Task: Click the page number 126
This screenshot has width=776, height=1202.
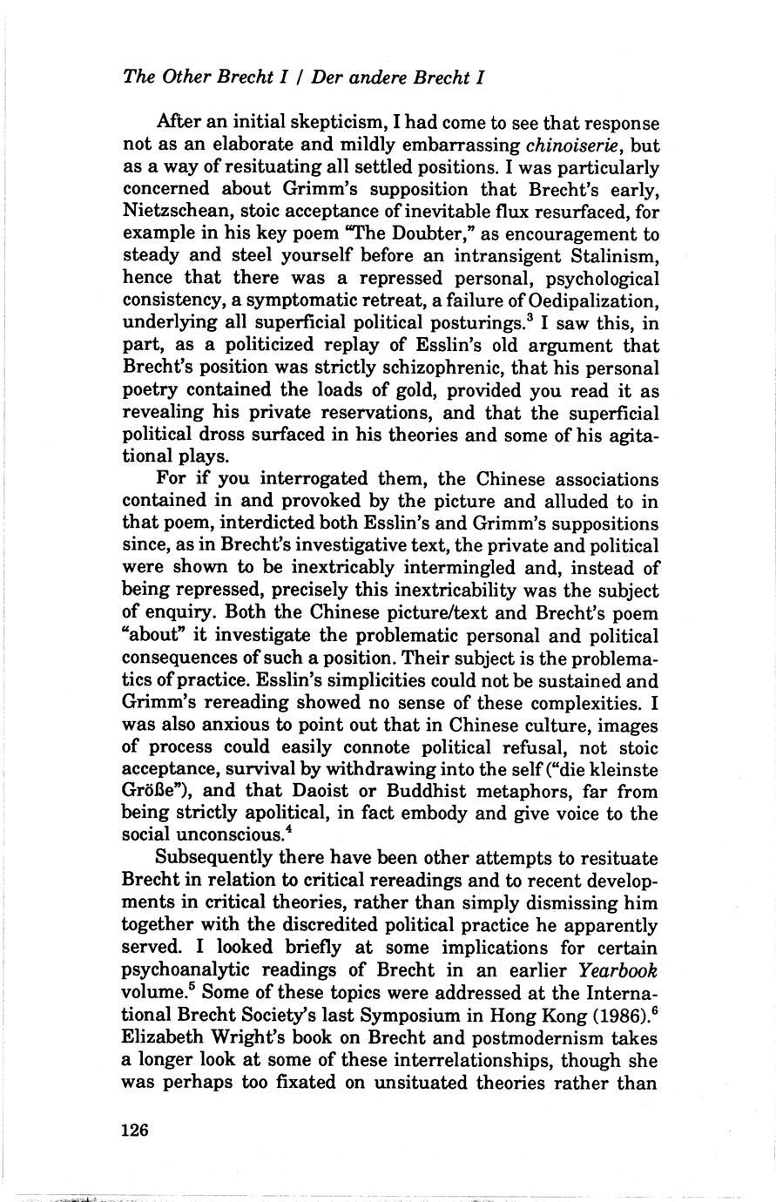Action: point(137,1130)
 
